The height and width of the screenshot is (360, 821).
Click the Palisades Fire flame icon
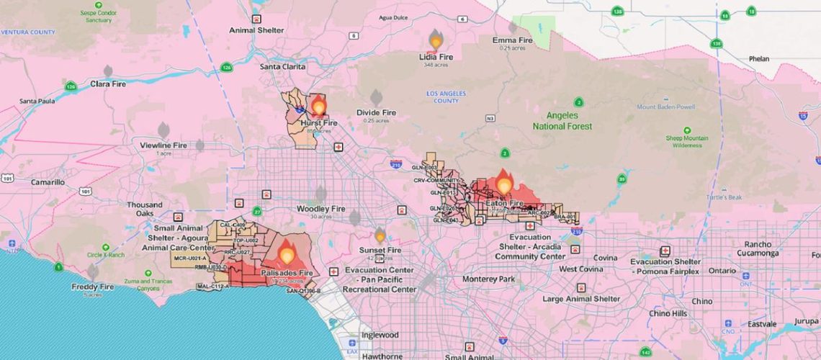click(x=287, y=252)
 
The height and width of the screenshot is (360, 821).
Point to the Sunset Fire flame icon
click(x=380, y=235)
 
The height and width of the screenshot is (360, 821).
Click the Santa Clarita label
click(x=283, y=67)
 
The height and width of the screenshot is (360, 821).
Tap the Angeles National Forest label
click(x=562, y=121)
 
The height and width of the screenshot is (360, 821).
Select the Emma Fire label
click(x=512, y=40)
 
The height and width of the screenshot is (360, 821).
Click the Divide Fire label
click(x=376, y=113)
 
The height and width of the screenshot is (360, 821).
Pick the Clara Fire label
click(x=108, y=84)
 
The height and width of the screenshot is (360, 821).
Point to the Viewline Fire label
click(x=163, y=145)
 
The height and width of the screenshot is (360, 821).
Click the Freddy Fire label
click(x=92, y=287)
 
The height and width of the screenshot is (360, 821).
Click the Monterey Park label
click(x=489, y=279)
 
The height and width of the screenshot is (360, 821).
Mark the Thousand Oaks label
click(x=145, y=209)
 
